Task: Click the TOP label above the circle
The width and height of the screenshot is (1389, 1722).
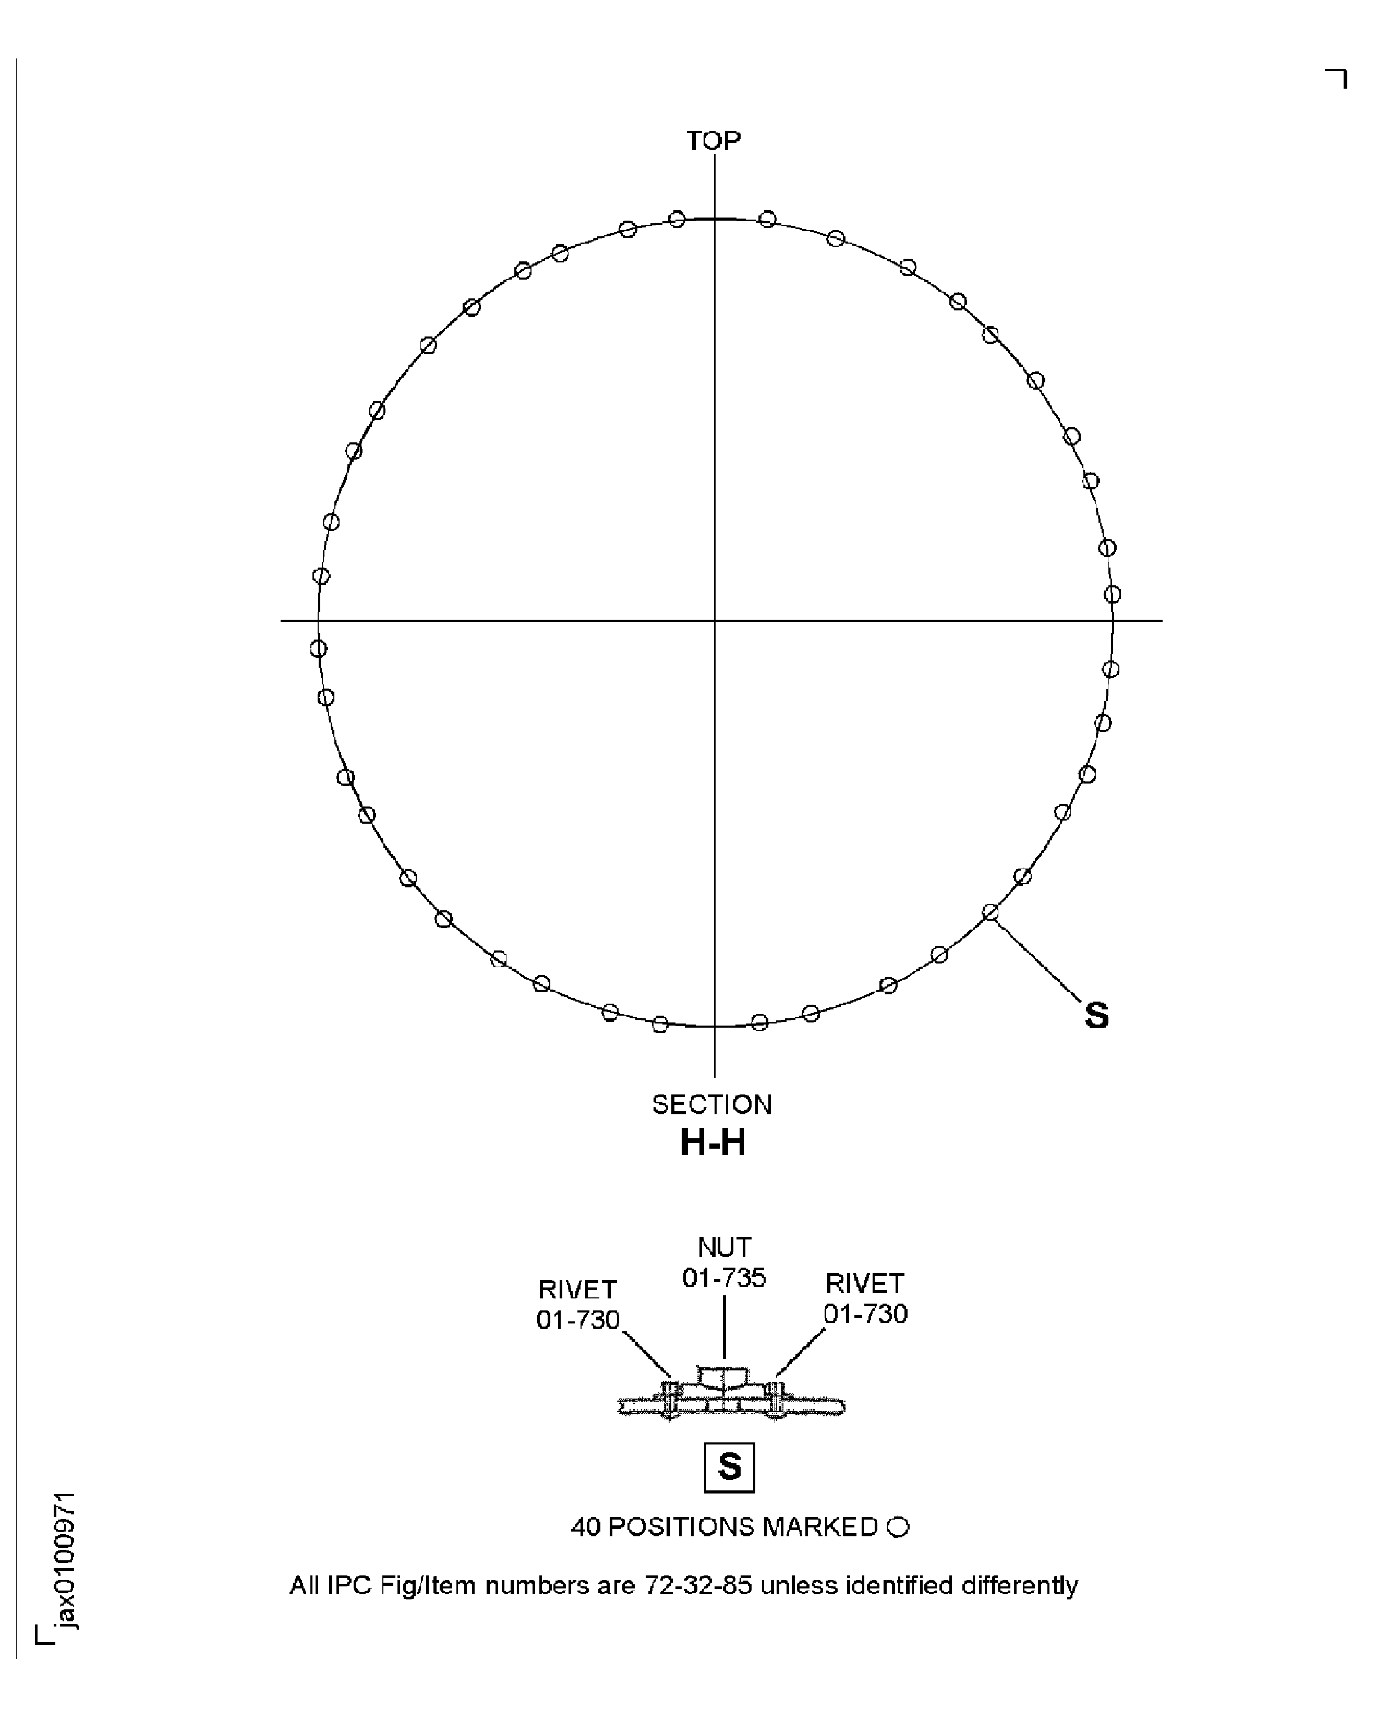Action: (714, 141)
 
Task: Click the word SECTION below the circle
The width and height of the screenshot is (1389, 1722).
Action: (711, 1105)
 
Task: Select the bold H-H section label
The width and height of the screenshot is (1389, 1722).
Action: (712, 1142)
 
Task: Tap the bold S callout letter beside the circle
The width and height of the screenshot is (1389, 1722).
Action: (1096, 1016)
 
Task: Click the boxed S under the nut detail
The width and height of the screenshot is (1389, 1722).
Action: (729, 1467)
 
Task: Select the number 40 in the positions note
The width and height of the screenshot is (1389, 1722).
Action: (585, 1527)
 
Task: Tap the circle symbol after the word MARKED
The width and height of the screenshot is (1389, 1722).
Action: (899, 1527)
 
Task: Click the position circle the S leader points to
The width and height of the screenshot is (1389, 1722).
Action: (991, 912)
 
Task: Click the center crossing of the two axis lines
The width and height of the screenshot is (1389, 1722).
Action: (715, 620)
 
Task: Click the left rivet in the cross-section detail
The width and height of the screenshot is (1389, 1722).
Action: (670, 1400)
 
